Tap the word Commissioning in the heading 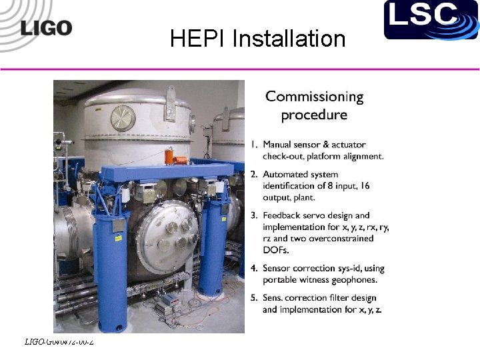(x=315, y=97)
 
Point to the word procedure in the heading (x=314, y=115)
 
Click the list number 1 (x=254, y=144)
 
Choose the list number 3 (x=254, y=215)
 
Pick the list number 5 (x=254, y=298)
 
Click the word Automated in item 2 (x=285, y=175)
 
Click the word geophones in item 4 (x=355, y=279)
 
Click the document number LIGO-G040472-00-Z (x=59, y=342)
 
